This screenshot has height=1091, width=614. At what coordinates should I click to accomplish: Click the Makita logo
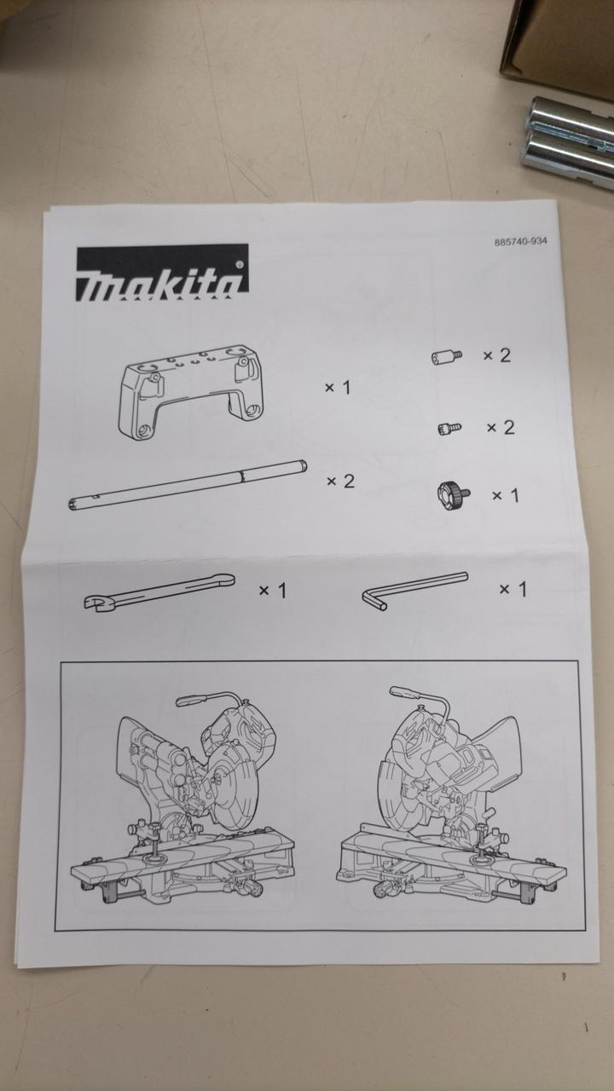[x=162, y=272]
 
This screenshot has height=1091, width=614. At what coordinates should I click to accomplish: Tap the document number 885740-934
[x=520, y=241]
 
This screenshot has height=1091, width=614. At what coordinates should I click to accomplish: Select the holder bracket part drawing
[x=191, y=392]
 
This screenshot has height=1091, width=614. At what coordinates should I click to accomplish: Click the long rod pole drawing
[x=188, y=485]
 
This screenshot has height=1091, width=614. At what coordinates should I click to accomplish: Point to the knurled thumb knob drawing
[x=453, y=496]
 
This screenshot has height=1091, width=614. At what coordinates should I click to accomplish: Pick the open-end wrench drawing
[x=159, y=592]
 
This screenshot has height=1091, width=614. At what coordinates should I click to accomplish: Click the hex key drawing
[x=415, y=591]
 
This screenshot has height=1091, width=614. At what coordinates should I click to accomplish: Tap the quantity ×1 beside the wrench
[x=272, y=591]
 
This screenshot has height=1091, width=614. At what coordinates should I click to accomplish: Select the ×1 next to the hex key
[x=513, y=589]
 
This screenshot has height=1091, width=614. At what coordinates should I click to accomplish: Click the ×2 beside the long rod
[x=340, y=482]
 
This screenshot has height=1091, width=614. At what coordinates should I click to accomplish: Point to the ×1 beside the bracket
[x=338, y=388]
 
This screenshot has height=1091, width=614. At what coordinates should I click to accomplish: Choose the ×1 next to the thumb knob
[x=506, y=495]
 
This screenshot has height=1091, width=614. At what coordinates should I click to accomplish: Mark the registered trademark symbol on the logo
[x=240, y=265]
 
